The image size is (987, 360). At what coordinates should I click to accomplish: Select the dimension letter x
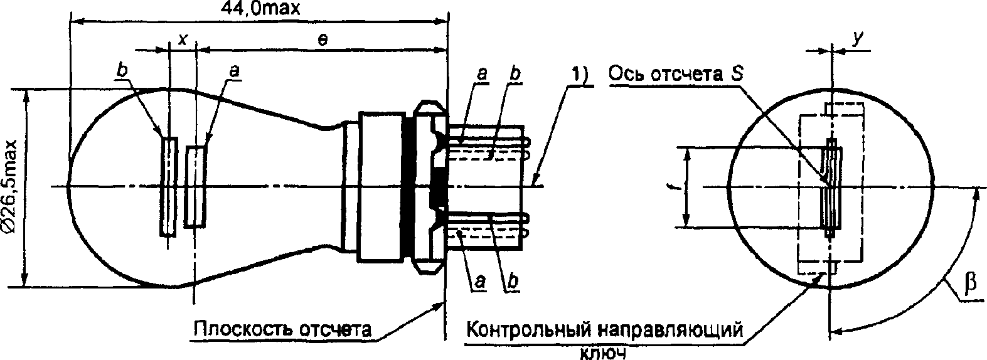tap(183, 40)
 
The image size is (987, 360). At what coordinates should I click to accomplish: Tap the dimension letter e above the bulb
tap(323, 40)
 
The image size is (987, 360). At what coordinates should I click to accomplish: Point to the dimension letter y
tap(857, 39)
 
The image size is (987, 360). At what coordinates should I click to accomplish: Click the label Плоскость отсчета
tap(282, 329)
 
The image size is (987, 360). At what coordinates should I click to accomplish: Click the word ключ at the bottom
tap(603, 353)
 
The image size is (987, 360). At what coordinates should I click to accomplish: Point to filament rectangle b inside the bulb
tap(169, 187)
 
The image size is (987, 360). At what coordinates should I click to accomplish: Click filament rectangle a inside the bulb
tap(195, 187)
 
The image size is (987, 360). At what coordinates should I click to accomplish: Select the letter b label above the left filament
tap(122, 72)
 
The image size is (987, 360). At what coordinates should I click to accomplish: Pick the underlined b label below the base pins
tap(512, 281)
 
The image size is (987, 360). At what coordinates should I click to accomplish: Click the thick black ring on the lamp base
tap(408, 188)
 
